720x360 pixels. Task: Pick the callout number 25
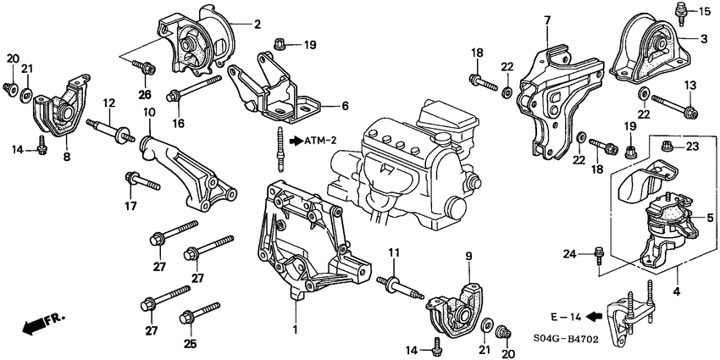pos(190,344)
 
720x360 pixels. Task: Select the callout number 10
pos(148,112)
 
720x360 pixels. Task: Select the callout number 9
pos(467,255)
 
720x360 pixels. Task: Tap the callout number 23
pos(691,146)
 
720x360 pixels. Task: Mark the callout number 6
pos(345,106)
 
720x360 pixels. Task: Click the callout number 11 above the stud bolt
pos(393,253)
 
